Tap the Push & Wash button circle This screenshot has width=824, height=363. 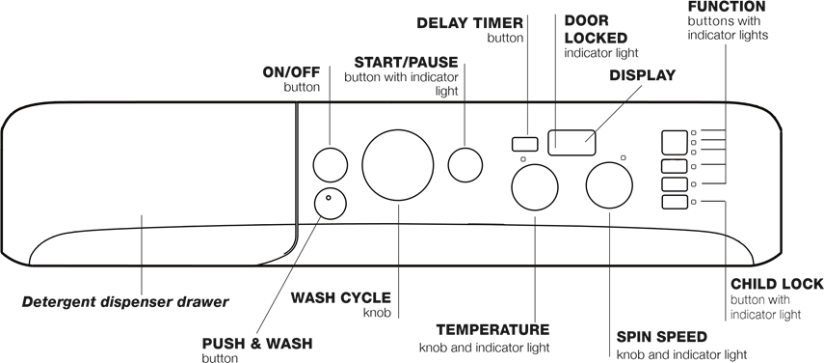tap(331, 203)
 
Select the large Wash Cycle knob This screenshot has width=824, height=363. tap(398, 165)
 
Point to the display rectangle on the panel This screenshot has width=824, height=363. tap(571, 143)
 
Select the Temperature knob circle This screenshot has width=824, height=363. tap(534, 186)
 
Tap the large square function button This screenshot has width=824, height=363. tap(673, 143)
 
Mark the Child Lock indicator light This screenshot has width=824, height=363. tap(695, 202)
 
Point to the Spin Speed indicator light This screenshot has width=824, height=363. tap(624, 157)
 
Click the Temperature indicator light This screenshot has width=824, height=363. tap(521, 159)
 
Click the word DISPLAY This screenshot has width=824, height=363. tap(644, 75)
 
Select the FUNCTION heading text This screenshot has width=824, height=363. tap(727, 7)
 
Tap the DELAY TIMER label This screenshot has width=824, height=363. tap(469, 22)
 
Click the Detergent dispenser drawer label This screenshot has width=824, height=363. tap(125, 302)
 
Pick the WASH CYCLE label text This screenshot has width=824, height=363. tap(328, 297)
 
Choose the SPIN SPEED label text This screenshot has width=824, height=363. tap(661, 337)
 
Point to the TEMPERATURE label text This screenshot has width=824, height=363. tap(492, 329)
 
